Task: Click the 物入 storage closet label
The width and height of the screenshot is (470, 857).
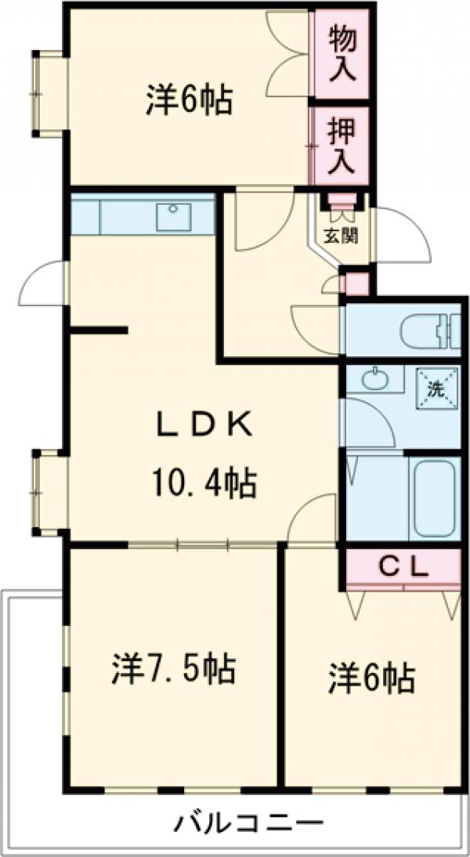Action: [x=342, y=54]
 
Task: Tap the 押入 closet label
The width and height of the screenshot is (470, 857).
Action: [x=342, y=146]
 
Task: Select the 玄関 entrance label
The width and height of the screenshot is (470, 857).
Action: [x=342, y=237]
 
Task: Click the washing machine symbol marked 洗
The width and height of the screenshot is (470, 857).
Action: [x=435, y=387]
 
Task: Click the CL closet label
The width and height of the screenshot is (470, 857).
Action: [x=403, y=569]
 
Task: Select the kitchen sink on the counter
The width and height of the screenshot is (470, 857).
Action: [x=173, y=216]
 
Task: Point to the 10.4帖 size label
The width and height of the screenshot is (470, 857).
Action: [x=204, y=482]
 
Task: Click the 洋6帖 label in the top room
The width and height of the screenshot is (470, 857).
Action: [x=189, y=100]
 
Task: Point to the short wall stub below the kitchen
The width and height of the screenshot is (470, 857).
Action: [x=99, y=330]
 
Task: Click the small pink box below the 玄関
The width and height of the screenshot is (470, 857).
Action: [x=357, y=284]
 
